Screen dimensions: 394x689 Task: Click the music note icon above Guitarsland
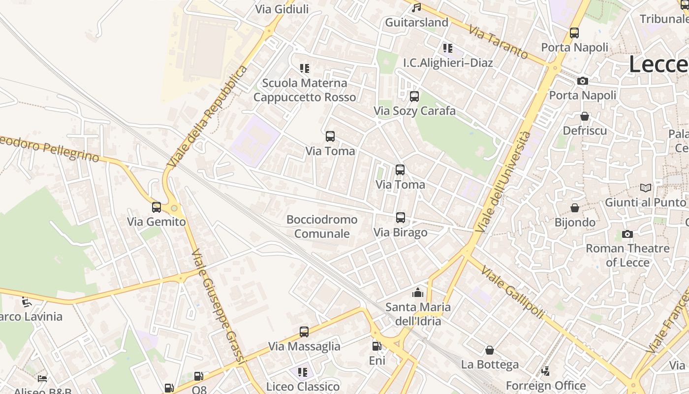(416, 8)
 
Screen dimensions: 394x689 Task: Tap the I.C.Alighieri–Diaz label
(448, 63)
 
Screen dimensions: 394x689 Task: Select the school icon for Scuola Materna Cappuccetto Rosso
(305, 68)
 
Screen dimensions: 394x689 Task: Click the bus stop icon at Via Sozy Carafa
(414, 97)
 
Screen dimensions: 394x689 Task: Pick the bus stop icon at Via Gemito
(157, 207)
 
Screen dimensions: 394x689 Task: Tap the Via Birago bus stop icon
(401, 218)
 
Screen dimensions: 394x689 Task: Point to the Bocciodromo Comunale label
(322, 227)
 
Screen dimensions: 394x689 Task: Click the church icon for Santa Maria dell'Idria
(418, 293)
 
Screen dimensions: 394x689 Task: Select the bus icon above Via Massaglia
(304, 332)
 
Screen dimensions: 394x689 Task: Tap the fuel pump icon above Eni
(376, 346)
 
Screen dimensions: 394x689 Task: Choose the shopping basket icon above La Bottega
(490, 350)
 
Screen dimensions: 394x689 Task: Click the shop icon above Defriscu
(585, 116)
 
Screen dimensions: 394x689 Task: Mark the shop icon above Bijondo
(575, 208)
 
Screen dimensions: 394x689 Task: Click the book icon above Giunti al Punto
(645, 188)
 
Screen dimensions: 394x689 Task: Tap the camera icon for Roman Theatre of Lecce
(627, 234)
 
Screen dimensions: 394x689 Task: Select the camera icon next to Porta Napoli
(583, 81)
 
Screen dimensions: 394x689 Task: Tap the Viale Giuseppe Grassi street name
(218, 306)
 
